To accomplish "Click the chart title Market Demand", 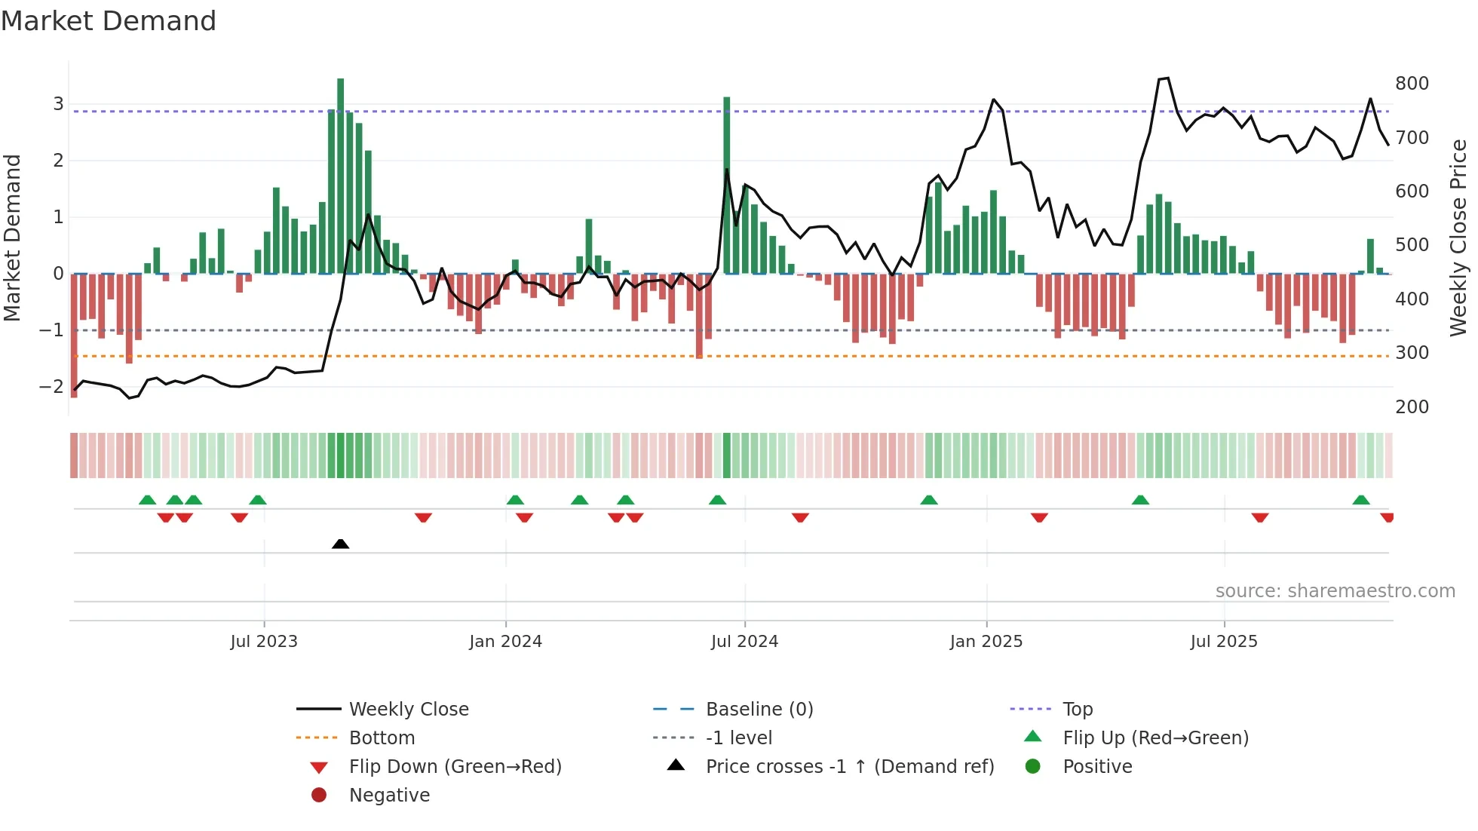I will click(x=109, y=21).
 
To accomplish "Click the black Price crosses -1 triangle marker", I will click(x=340, y=544).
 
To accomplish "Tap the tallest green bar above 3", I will click(x=341, y=173).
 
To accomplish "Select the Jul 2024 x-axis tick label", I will click(x=744, y=642).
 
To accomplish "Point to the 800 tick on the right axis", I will click(x=1412, y=84).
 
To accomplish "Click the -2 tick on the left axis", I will click(x=51, y=387).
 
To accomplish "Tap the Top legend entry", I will click(x=1077, y=710).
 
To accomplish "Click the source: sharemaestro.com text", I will click(x=1335, y=591).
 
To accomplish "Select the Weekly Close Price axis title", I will click(x=1458, y=238).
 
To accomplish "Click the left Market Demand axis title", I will click(x=13, y=238).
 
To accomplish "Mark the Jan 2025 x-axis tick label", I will click(x=986, y=642).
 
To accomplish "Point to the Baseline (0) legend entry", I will click(x=759, y=710).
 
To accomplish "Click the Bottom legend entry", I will click(x=382, y=738).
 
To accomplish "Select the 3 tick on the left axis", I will click(x=58, y=104).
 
